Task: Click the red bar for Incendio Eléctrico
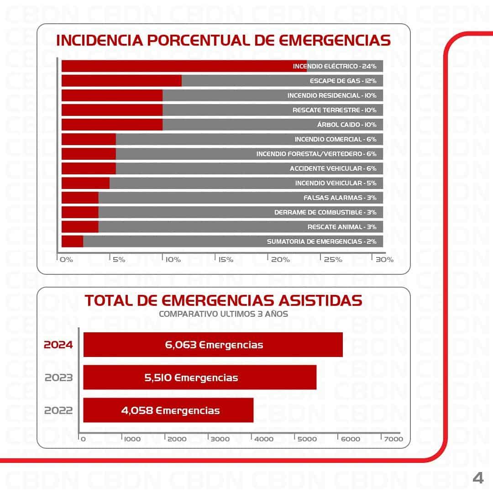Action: click(x=183, y=66)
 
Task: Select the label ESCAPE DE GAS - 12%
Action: click(x=343, y=81)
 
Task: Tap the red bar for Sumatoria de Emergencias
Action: click(x=72, y=241)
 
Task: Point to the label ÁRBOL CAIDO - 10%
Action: click(x=346, y=125)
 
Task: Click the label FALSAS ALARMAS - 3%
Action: click(x=340, y=198)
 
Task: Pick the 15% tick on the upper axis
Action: click(x=226, y=260)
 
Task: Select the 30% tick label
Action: click(x=384, y=260)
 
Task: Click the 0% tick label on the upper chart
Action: click(x=67, y=260)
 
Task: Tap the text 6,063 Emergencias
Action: click(x=214, y=345)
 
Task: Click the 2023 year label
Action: click(x=58, y=378)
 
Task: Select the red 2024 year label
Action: click(x=58, y=345)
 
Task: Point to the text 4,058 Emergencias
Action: click(x=170, y=410)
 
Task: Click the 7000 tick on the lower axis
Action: click(x=393, y=439)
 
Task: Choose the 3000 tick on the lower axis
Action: click(x=220, y=439)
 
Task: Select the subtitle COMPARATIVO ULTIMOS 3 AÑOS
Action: click(x=223, y=314)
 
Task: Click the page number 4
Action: click(x=477, y=478)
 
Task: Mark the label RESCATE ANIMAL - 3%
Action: click(x=342, y=227)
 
